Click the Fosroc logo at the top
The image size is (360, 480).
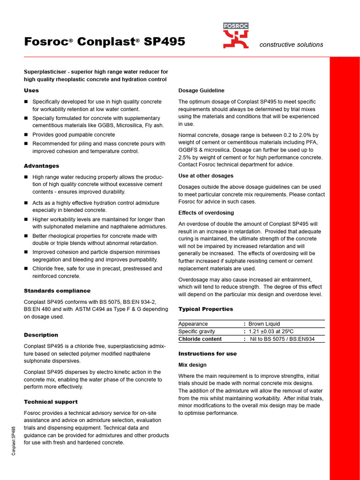(x=236, y=36)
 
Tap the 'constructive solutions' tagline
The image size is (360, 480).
(x=291, y=45)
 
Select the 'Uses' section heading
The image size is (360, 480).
(x=31, y=90)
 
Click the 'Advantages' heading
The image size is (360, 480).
(x=41, y=166)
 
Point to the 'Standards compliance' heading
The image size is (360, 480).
(x=57, y=291)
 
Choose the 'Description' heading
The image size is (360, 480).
(x=41, y=335)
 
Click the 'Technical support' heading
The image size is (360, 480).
(x=51, y=402)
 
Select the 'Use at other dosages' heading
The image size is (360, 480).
(x=206, y=176)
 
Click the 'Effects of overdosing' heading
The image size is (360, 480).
(x=206, y=213)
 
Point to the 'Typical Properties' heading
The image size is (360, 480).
(x=206, y=309)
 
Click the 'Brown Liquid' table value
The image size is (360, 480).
(x=264, y=324)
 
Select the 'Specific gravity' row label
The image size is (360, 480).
(x=197, y=331)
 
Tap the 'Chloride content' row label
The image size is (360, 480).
(x=200, y=339)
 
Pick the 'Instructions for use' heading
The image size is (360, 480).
(x=208, y=354)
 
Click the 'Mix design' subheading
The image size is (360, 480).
(x=193, y=365)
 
